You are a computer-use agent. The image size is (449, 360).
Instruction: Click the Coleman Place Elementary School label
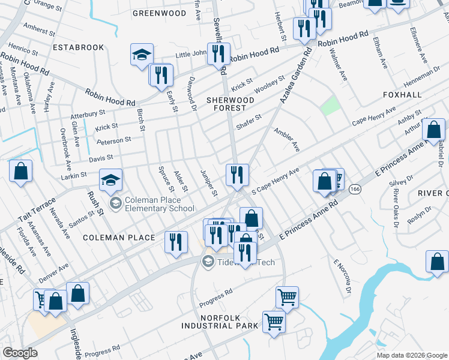[159, 205]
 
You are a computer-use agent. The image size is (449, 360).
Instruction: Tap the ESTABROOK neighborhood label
[78, 47]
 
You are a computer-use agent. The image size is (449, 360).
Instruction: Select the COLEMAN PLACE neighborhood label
[119, 238]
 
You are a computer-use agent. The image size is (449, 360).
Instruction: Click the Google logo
[20, 353]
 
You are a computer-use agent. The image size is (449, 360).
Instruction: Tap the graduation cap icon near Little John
[142, 55]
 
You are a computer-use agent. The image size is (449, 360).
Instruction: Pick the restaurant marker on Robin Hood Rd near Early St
[161, 74]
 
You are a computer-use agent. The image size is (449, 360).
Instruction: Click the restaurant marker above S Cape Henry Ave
[237, 175]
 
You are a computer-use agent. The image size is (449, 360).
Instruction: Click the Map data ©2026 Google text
[411, 355]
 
